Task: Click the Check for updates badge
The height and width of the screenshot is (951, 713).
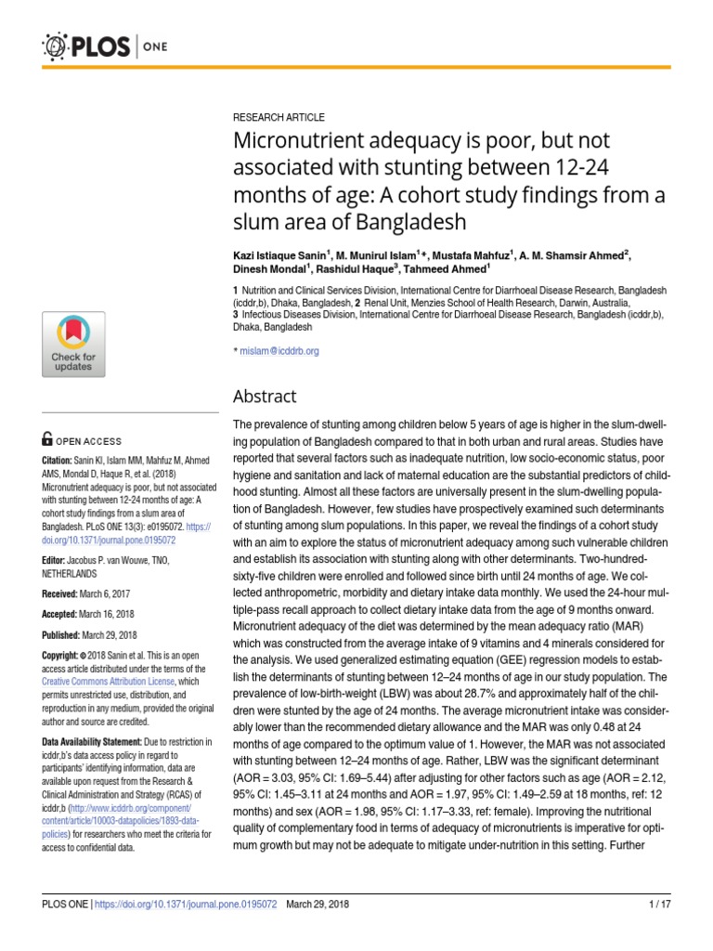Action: pos(73,345)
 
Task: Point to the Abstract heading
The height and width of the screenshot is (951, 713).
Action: pos(265,397)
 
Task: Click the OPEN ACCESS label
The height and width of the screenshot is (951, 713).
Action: pos(90,441)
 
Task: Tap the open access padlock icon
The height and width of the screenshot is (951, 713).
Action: pos(47,440)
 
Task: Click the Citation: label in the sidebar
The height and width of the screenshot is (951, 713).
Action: pos(60,461)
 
